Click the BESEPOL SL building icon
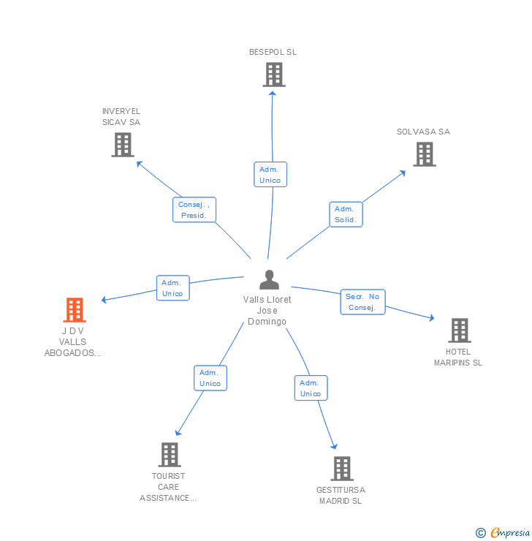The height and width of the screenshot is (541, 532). coord(273,75)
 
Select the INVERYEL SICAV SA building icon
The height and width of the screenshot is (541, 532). coord(123,145)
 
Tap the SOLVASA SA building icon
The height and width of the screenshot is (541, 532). coord(424,154)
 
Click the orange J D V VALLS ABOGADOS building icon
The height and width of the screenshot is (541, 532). coord(75,310)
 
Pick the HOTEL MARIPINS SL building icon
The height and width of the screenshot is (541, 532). coord(459,330)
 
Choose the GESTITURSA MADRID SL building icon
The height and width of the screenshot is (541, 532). coord(341,469)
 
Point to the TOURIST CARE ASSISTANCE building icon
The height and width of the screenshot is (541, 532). coord(169,455)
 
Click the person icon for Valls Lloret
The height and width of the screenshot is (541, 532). coord(269,280)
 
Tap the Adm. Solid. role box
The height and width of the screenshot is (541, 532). coord(346,214)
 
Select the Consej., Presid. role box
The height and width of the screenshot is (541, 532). coord(194,210)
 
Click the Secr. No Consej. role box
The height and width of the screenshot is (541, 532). coord(362,302)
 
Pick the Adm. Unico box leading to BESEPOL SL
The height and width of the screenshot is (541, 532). coord(270,175)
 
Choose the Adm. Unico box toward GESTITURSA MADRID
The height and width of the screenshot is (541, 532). coord(311,388)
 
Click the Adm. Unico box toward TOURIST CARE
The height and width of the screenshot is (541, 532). coord(210,378)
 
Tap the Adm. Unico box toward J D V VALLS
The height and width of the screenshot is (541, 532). coord(172,288)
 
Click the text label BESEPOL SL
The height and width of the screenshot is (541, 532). coord(273,52)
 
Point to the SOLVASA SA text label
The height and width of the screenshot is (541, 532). coord(423,132)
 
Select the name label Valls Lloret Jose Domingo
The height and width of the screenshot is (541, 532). coord(267,311)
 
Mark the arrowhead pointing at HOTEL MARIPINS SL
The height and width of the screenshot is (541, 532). coord(431,318)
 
